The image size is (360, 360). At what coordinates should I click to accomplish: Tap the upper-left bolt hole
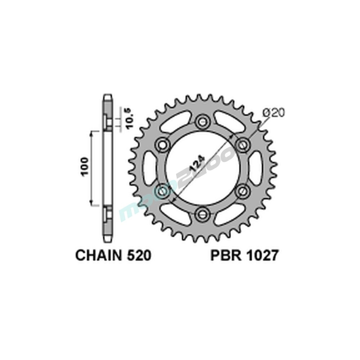163,144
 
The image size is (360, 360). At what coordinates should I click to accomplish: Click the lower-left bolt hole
163,191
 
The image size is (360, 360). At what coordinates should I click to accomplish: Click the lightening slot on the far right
256,167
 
